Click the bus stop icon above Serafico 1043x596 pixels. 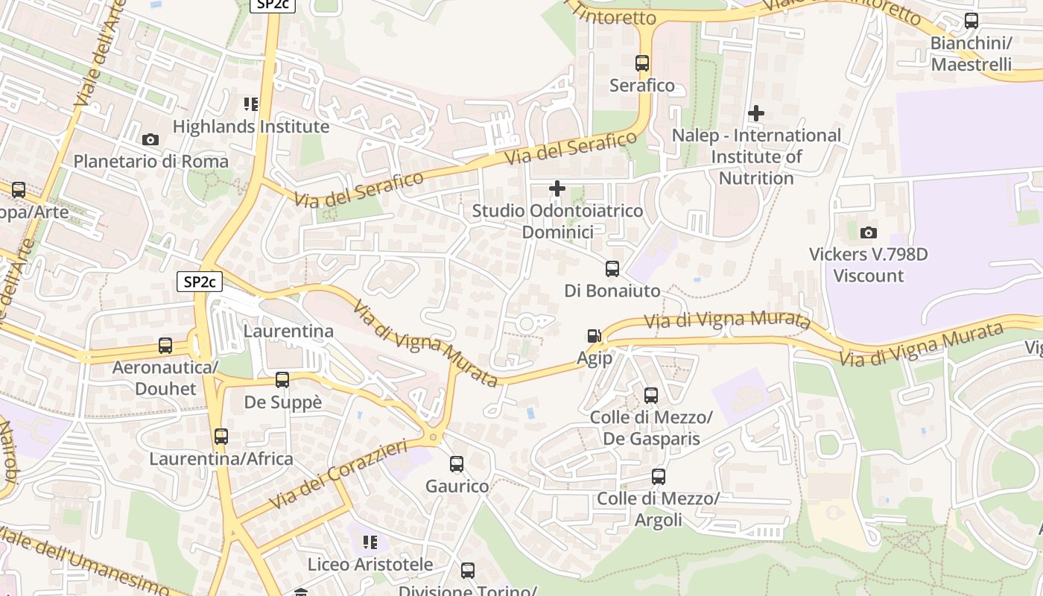point(642,63)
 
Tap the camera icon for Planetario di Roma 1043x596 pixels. point(150,139)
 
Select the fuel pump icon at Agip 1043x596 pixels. point(594,336)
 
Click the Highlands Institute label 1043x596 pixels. point(250,127)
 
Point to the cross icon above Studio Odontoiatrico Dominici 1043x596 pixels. point(557,188)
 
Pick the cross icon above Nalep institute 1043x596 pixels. point(756,113)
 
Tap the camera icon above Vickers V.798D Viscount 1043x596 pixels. point(868,233)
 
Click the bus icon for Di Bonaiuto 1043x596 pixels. point(612,269)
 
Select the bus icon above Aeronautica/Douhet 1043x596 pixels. point(165,346)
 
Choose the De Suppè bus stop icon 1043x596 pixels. point(282,380)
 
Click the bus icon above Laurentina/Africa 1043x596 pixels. point(221,437)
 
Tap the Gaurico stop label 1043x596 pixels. point(457,486)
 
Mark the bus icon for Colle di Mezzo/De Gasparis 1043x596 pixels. point(651,396)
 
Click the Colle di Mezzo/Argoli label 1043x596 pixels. point(659,509)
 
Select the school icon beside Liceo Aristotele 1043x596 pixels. point(370,542)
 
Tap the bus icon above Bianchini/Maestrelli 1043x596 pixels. point(971,21)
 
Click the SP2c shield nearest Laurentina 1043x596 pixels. point(200,282)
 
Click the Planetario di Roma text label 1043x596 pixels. point(150,161)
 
